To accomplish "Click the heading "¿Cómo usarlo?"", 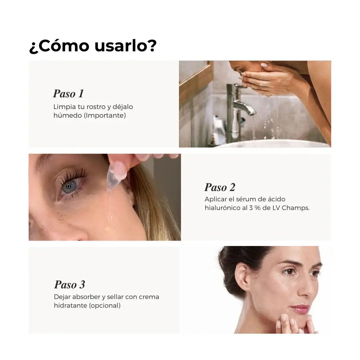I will [93, 46].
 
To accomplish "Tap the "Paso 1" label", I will [68, 94].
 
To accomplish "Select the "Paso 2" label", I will [220, 187].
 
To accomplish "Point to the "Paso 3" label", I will [69, 285].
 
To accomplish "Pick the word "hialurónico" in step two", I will [221, 208].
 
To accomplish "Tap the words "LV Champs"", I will [295, 208].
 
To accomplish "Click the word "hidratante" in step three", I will [70, 305].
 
